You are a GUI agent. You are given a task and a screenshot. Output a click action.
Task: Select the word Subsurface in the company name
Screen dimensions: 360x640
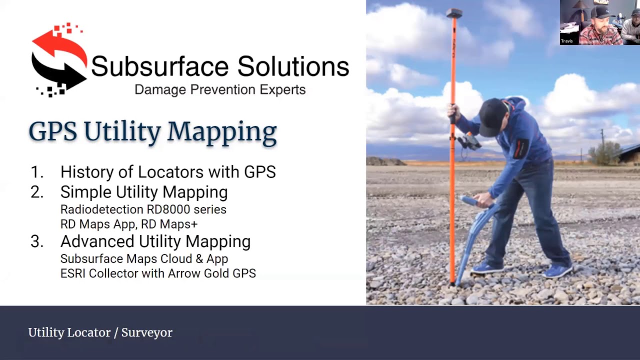[159, 66]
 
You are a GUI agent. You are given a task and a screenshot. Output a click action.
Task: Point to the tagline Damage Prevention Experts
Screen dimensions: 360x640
[220, 90]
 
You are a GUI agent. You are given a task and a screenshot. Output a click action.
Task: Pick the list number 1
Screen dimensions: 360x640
[36, 172]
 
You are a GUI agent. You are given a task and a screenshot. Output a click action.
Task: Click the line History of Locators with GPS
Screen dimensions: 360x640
[168, 172]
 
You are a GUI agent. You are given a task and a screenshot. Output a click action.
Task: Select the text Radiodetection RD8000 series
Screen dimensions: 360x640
[143, 209]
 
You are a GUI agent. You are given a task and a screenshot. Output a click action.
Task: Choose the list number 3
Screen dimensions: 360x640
[36, 242]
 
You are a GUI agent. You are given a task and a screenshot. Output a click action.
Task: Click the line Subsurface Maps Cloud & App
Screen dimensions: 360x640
[144, 259]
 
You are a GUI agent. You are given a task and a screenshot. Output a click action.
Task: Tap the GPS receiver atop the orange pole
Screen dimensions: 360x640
[453, 13]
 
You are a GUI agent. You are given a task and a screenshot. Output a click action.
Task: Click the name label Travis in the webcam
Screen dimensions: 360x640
[566, 41]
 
